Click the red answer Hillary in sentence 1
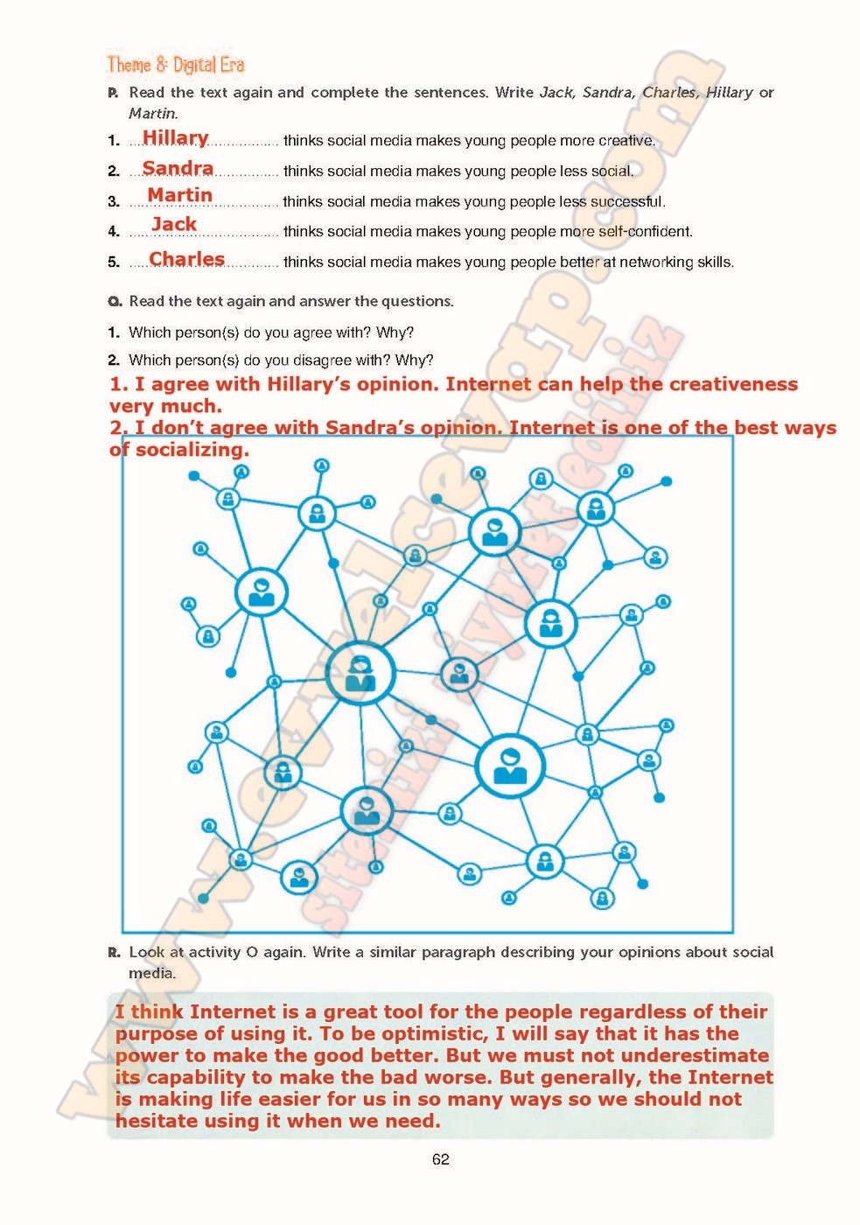point(175,138)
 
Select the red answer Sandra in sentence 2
point(178,168)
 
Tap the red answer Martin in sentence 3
point(179,195)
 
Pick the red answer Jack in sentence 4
point(174,224)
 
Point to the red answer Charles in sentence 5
point(186,259)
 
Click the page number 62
point(440,1159)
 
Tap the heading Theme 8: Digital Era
point(175,65)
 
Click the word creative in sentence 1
point(626,141)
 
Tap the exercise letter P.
point(113,93)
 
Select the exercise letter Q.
point(115,302)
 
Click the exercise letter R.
point(114,952)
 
